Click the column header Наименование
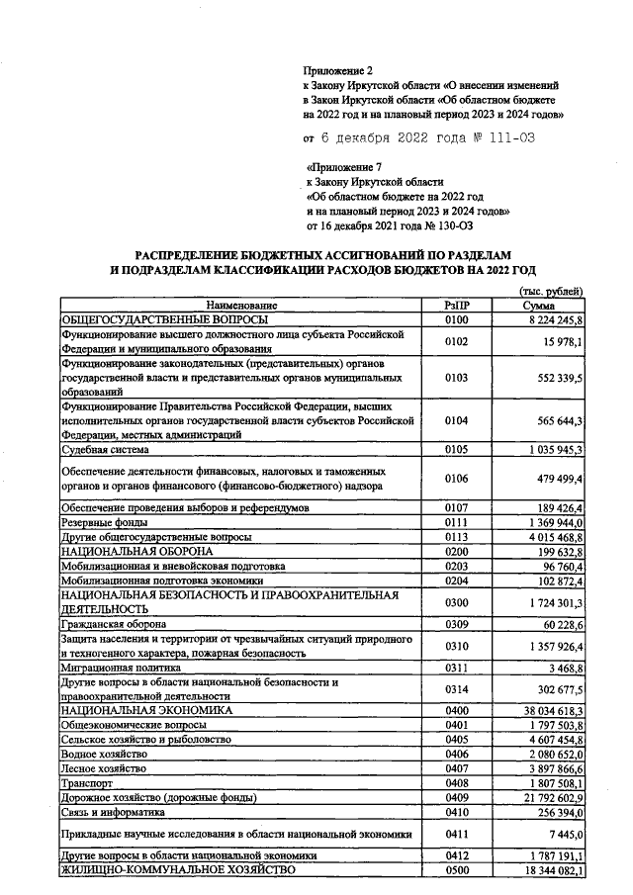coord(241,306)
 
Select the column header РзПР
coord(456,306)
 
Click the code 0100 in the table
coord(456,319)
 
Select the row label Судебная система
coord(109,449)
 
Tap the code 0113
coord(456,535)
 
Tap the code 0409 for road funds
coord(456,797)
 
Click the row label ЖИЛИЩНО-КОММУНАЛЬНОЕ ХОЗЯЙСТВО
coord(178,869)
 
